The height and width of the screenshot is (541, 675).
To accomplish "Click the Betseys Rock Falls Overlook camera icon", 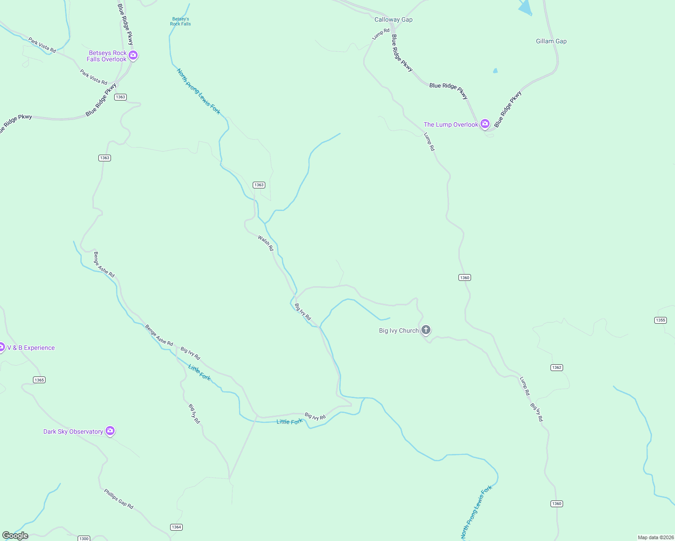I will tap(133, 55).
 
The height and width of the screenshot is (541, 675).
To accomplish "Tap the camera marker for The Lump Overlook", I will tap(485, 124).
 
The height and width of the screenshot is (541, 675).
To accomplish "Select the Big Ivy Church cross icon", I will tap(425, 330).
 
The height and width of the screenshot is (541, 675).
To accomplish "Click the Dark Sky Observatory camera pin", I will tap(110, 431).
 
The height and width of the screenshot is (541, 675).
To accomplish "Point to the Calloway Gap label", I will tap(393, 19).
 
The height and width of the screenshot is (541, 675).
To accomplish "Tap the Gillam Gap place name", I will tap(551, 41).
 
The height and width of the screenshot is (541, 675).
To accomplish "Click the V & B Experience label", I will tap(31, 348).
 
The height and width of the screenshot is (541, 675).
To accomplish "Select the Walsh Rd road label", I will tap(265, 243).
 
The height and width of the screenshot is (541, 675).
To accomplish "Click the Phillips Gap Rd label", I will tap(119, 499).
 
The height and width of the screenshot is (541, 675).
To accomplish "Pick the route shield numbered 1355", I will tap(660, 320).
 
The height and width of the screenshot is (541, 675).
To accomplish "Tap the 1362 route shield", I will tap(556, 367).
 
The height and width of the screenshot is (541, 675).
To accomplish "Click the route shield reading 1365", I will tap(39, 380).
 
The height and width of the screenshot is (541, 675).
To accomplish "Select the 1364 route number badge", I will tap(176, 527).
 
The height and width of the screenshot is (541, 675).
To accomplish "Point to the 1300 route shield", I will tap(83, 538).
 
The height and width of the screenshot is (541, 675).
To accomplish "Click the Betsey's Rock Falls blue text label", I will tap(180, 22).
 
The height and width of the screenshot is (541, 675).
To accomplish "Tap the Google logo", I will tap(15, 536).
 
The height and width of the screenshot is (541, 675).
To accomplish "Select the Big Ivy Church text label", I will tap(398, 330).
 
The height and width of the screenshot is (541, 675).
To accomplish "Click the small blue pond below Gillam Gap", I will tap(495, 71).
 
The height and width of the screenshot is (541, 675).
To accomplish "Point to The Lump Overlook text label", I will tap(450, 124).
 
